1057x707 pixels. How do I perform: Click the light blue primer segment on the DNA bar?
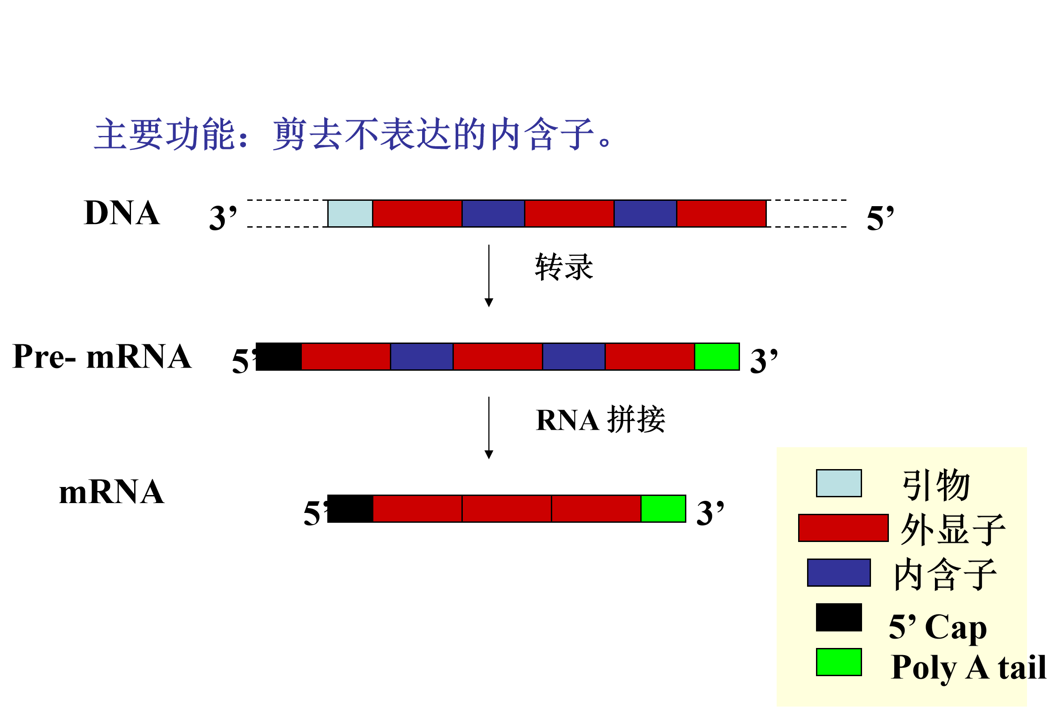(x=350, y=213)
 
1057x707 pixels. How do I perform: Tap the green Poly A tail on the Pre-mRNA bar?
(x=717, y=357)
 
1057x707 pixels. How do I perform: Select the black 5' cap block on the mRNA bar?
(x=350, y=508)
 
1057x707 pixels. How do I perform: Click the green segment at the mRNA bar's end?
(x=663, y=508)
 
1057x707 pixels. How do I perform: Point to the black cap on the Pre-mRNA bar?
(x=279, y=357)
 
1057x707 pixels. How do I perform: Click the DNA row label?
(x=122, y=213)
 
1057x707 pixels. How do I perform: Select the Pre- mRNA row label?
(x=102, y=357)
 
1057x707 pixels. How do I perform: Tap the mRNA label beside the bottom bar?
(x=112, y=492)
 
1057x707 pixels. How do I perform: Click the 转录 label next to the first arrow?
(x=564, y=267)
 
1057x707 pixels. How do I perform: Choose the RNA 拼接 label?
(x=600, y=420)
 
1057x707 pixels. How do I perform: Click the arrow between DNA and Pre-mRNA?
(x=489, y=275)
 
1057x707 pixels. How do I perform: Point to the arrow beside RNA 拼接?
(x=489, y=428)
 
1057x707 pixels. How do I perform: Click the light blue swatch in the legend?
(x=838, y=483)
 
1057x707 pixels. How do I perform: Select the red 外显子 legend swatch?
(x=843, y=528)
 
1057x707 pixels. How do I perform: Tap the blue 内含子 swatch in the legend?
(x=838, y=573)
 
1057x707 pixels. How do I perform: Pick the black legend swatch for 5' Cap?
(x=838, y=617)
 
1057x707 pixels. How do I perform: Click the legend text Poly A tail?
(x=968, y=668)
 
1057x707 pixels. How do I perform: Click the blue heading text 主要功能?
(x=165, y=134)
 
